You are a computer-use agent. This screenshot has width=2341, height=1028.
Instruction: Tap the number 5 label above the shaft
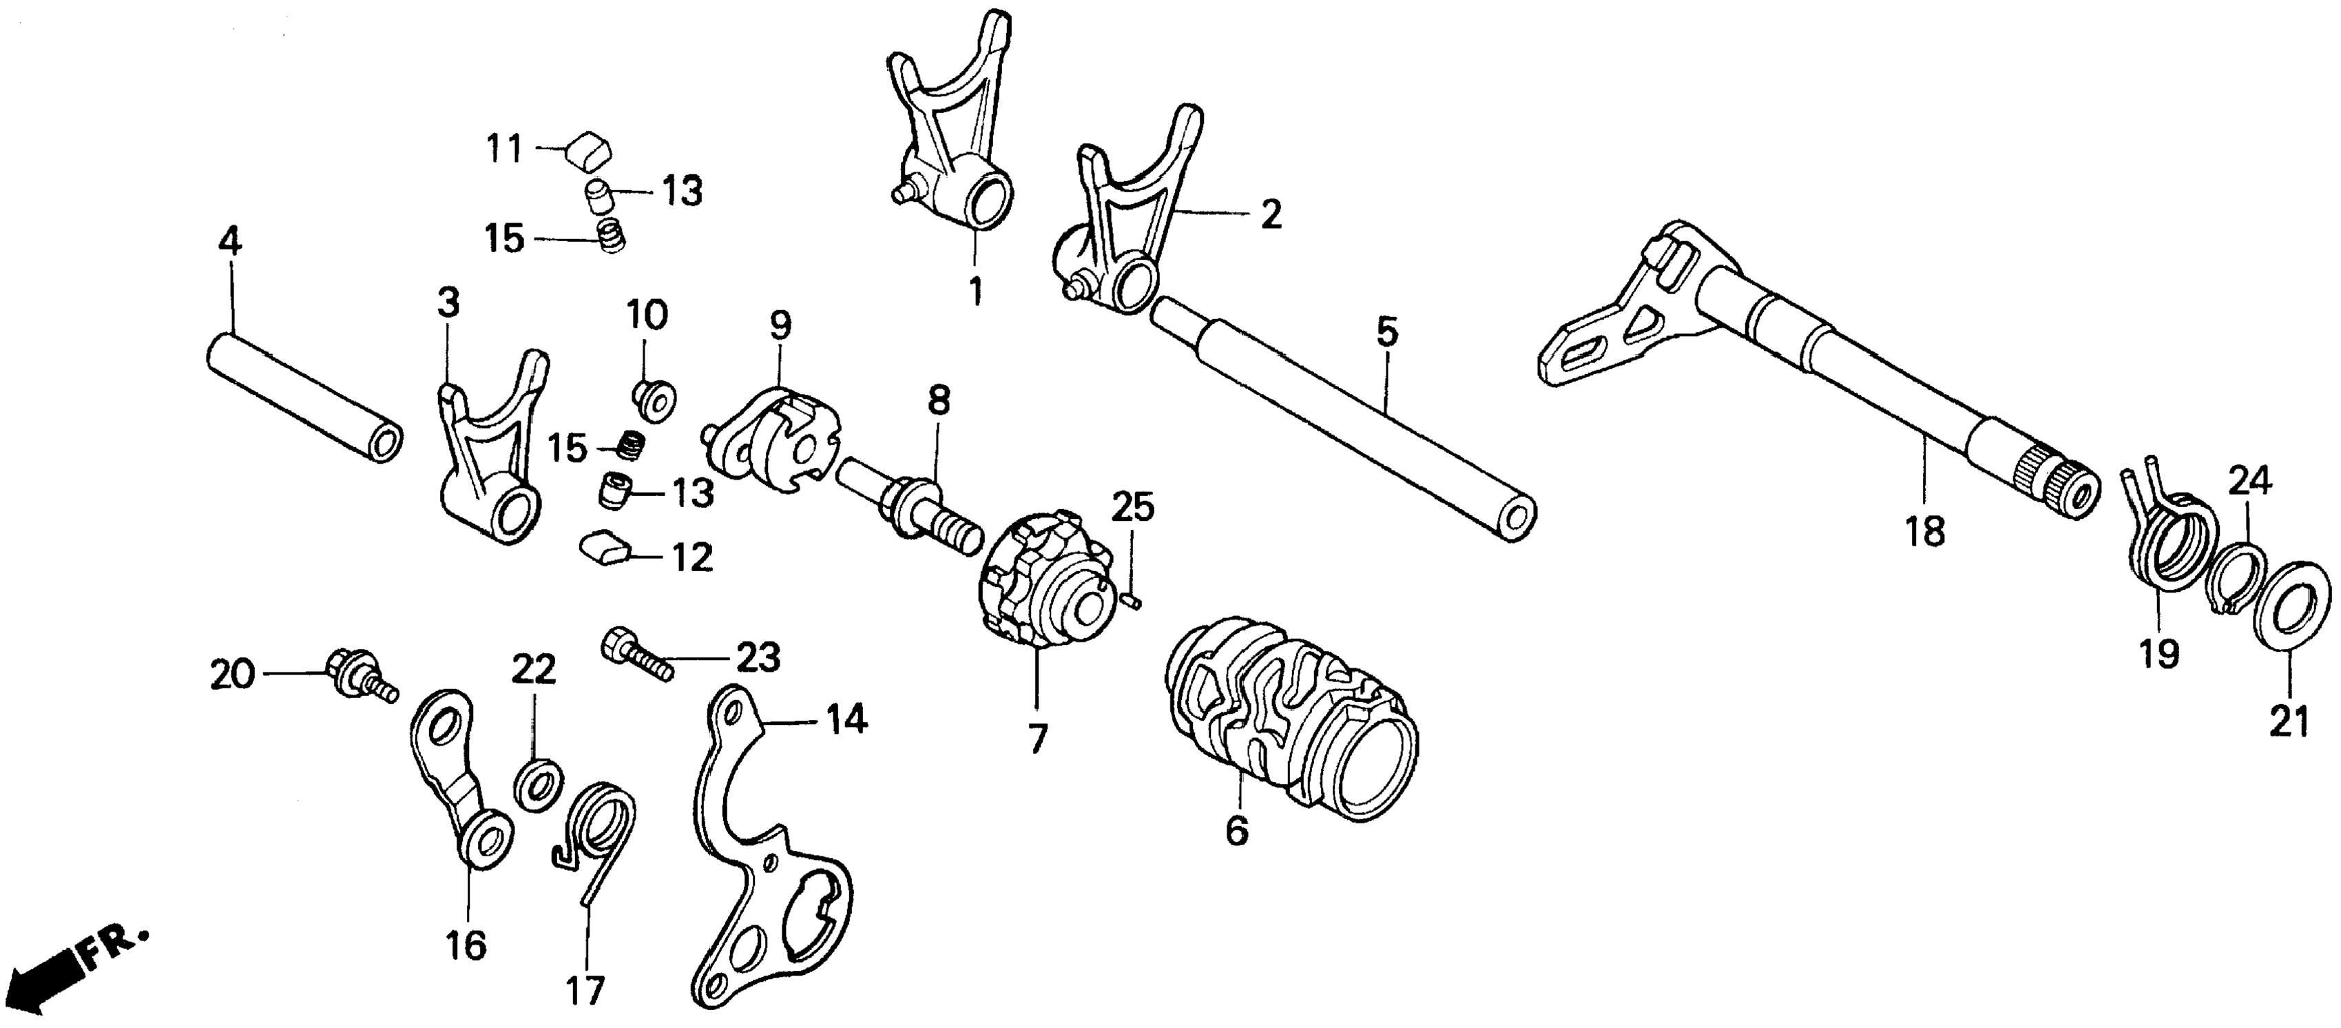pyautogui.click(x=1386, y=333)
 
